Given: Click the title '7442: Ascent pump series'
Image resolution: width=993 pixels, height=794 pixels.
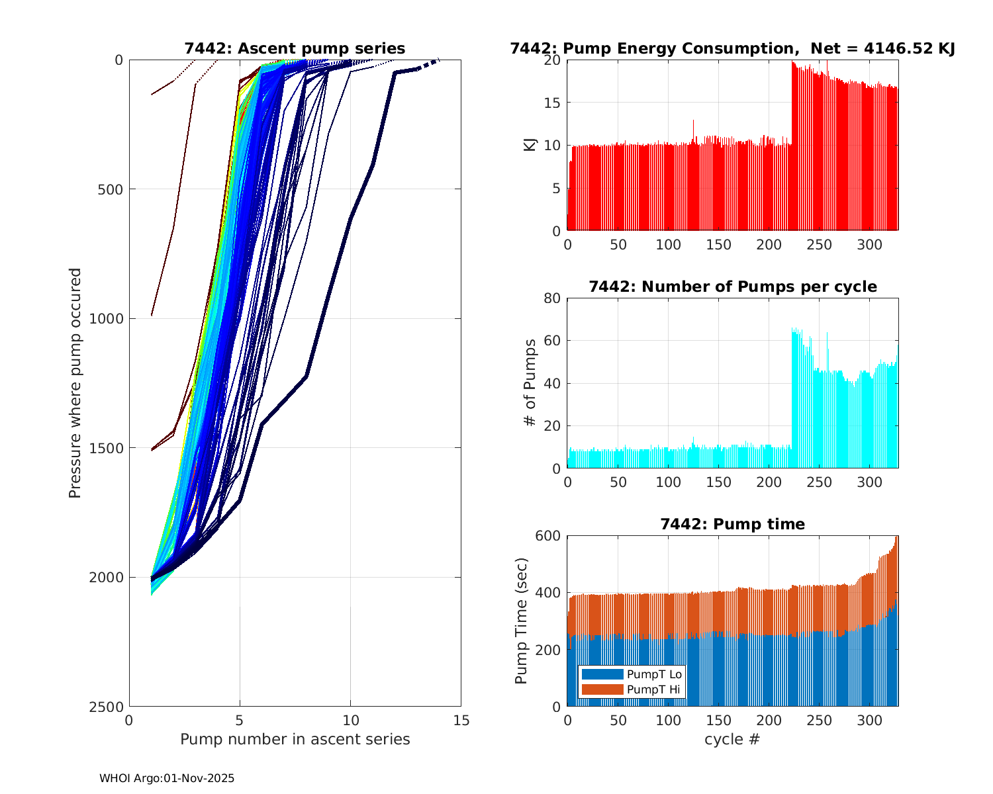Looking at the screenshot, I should click(x=295, y=48).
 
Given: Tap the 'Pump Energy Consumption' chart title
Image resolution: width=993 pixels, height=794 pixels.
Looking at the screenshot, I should click(x=732, y=48).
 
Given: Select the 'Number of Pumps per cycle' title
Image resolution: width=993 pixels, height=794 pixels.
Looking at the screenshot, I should click(x=732, y=287).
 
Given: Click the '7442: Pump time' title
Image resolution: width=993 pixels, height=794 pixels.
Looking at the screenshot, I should click(x=732, y=524).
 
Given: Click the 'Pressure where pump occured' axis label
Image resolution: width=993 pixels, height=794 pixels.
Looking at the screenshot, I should click(x=75, y=382).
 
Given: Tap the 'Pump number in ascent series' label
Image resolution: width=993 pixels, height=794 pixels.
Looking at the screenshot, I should click(x=295, y=739).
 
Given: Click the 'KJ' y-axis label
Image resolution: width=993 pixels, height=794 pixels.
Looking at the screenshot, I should click(x=530, y=145).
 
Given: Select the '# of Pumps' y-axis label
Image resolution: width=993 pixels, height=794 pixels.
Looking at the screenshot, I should click(x=530, y=382).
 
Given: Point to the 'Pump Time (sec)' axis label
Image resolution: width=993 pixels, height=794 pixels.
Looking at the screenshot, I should click(x=522, y=621).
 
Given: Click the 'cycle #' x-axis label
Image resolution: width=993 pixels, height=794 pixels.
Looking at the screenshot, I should click(x=732, y=739).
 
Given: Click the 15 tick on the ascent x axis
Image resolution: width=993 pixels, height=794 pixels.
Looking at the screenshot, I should click(x=461, y=721).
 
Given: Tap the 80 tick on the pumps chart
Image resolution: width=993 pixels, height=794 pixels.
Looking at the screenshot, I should click(x=552, y=298).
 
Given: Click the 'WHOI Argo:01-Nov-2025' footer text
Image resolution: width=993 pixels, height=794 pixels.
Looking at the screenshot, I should click(x=167, y=778).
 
